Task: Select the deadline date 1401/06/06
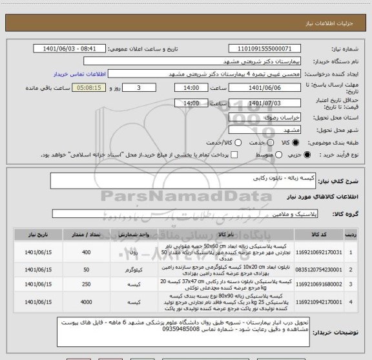tap(264, 88)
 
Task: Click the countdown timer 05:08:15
tap(88, 88)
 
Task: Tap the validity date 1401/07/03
tap(264, 103)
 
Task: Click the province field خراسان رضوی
tap(264, 117)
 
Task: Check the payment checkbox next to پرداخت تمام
tap(234, 155)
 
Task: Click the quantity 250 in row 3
tap(86, 283)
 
